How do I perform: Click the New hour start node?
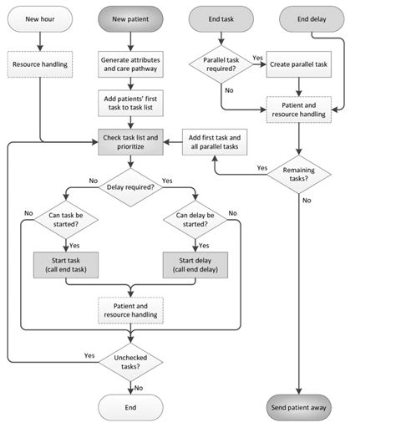click(40, 18)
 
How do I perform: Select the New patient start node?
click(132, 18)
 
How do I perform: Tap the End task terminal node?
click(221, 18)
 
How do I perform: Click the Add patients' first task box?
click(132, 104)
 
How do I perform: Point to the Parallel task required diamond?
click(221, 67)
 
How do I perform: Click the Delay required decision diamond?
click(132, 186)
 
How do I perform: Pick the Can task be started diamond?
click(65, 220)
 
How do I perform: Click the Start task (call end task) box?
click(65, 263)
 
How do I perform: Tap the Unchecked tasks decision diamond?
click(132, 361)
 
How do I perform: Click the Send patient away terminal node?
click(299, 407)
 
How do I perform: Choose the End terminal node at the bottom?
click(132, 407)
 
